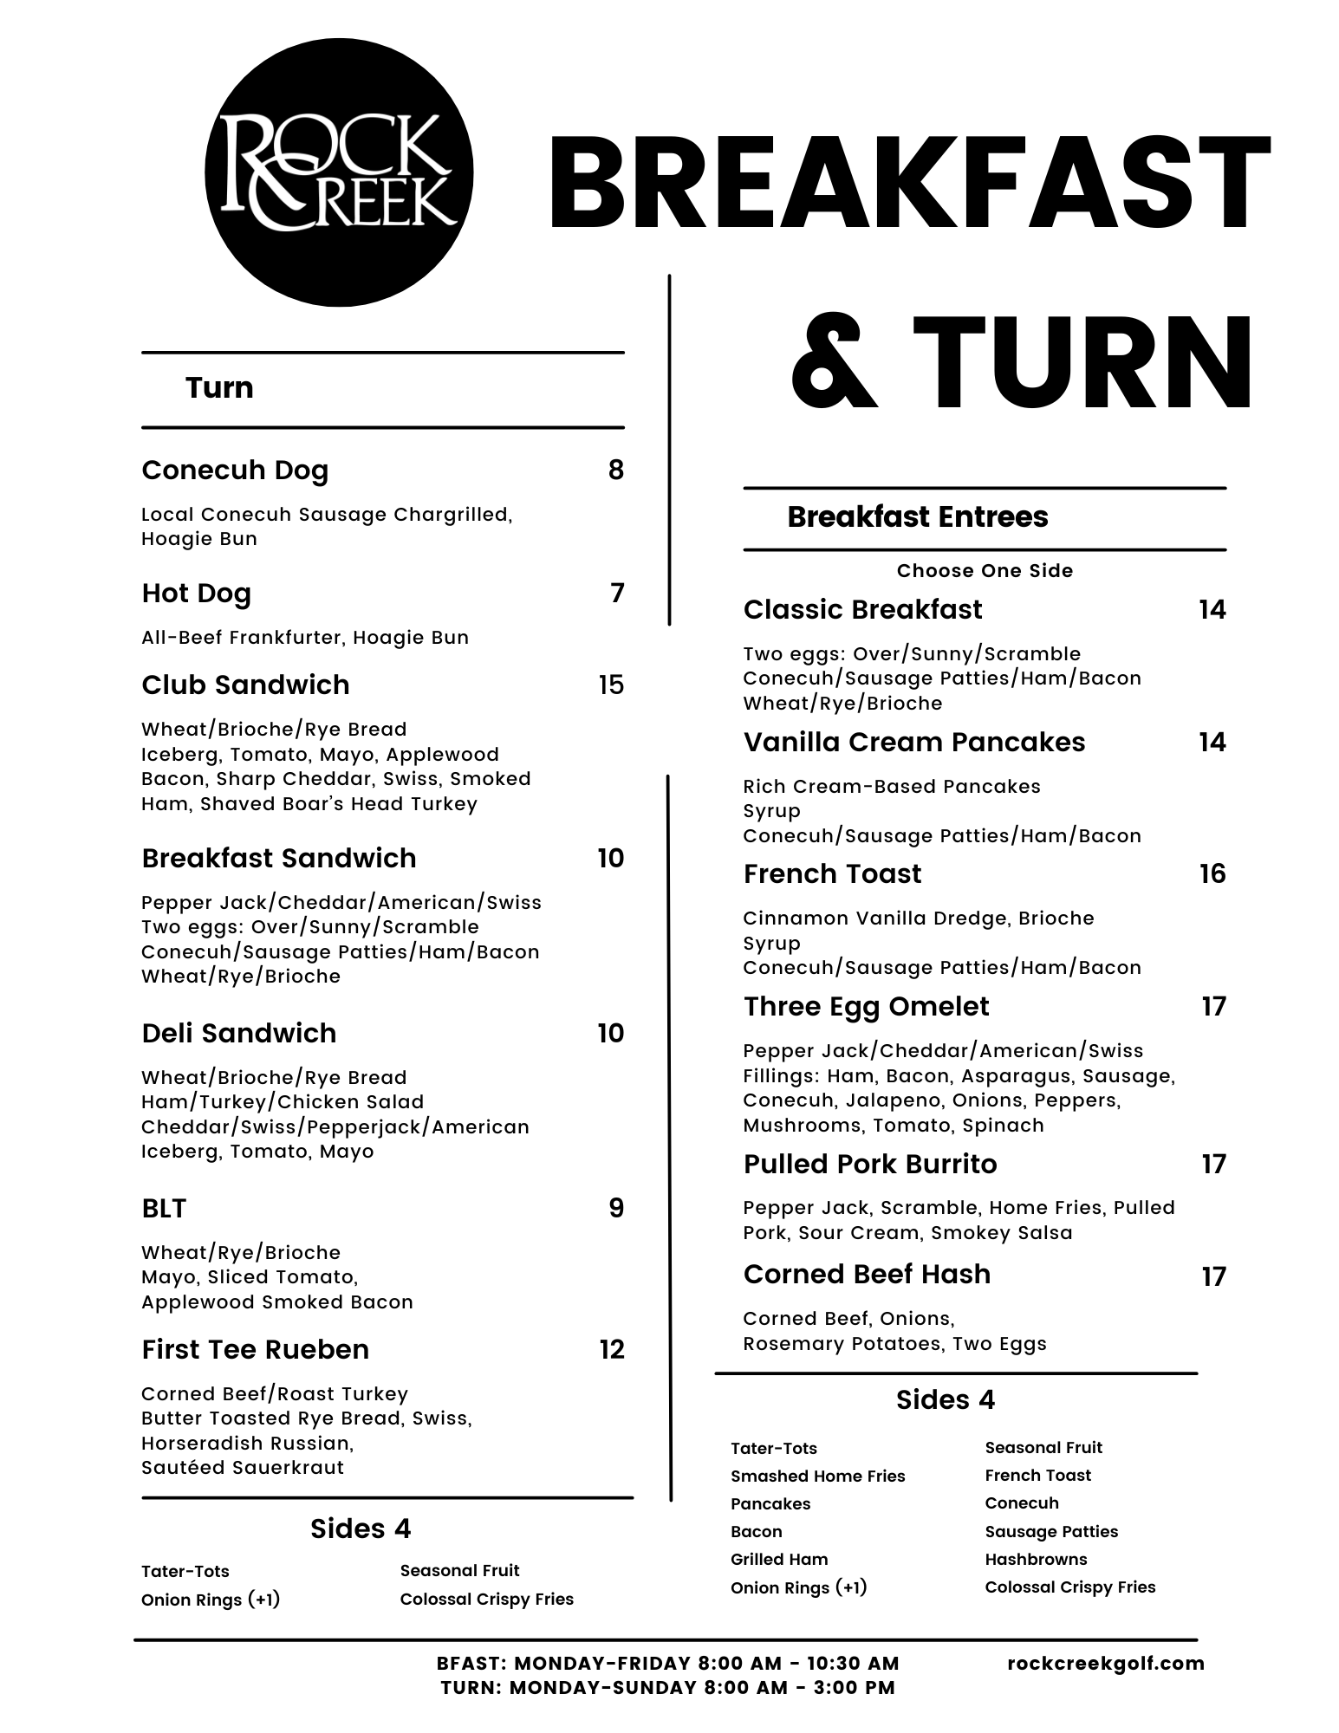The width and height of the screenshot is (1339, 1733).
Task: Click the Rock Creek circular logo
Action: coord(339,172)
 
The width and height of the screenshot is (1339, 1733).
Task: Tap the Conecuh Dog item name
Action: coord(235,471)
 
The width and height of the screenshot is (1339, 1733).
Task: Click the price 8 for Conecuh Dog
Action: coord(615,471)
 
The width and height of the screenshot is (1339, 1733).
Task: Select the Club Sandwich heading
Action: coord(245,685)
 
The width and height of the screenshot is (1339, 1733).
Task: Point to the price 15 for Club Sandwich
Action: coord(611,685)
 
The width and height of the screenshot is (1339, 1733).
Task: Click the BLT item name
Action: coord(164,1209)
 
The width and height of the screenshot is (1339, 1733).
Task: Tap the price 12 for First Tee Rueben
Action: coord(611,1350)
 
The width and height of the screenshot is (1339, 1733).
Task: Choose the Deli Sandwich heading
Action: coord(239,1034)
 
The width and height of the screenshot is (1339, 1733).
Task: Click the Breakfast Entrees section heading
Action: coord(918,517)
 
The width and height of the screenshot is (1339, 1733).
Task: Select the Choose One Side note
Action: coord(985,571)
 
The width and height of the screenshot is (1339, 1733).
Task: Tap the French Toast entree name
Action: coord(832,874)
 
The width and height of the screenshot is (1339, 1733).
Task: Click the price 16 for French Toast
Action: coord(1212,874)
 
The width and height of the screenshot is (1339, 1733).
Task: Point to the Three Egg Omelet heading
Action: coord(866,1007)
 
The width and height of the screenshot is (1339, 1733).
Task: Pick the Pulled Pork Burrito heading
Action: coord(870,1165)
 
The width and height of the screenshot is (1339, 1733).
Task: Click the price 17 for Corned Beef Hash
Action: coord(1213,1277)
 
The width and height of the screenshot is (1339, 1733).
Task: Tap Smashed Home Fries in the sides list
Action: coord(817,1477)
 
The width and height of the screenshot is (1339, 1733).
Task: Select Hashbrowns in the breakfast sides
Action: coord(1036,1560)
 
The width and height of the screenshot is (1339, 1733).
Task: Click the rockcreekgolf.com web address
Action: coord(1106,1664)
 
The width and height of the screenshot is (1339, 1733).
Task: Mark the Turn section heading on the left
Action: coord(219,387)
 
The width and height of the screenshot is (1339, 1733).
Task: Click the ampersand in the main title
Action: coord(834,364)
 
